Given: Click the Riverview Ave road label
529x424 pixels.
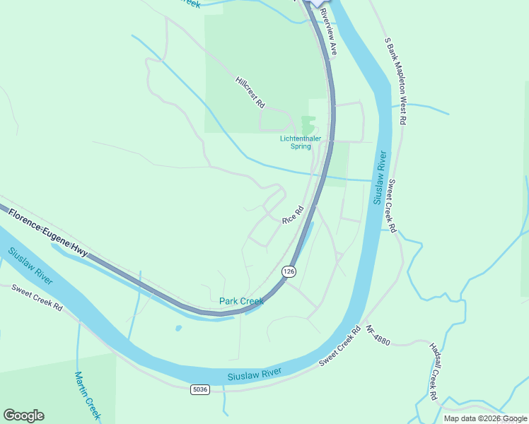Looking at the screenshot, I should (329, 33).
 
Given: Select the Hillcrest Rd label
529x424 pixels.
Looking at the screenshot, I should (250, 93).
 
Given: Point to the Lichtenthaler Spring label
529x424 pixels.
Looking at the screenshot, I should (306, 142).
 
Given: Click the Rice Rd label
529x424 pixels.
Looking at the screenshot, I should (293, 215).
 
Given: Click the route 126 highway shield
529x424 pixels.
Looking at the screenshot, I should (288, 271).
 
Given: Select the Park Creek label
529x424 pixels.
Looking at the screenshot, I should (241, 301).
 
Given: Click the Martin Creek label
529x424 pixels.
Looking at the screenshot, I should (88, 396).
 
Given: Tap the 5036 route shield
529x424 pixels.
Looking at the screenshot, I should (200, 389).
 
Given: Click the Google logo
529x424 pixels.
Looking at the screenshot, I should (23, 416).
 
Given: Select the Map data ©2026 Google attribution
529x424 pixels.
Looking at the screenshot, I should (485, 418).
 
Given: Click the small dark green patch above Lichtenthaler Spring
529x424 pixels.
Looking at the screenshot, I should (307, 124).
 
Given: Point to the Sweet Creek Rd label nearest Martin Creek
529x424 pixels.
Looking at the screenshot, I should (37, 298).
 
